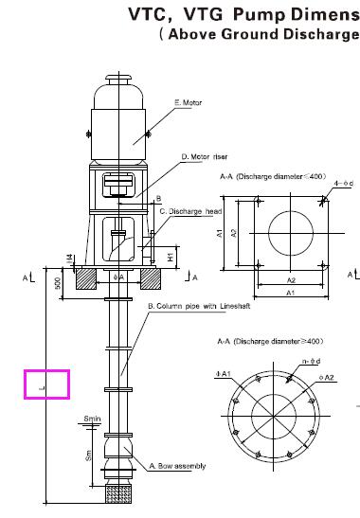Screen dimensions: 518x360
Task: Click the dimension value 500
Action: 57,283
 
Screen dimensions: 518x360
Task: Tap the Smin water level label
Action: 92,418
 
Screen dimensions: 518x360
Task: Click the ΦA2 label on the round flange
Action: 329,378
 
